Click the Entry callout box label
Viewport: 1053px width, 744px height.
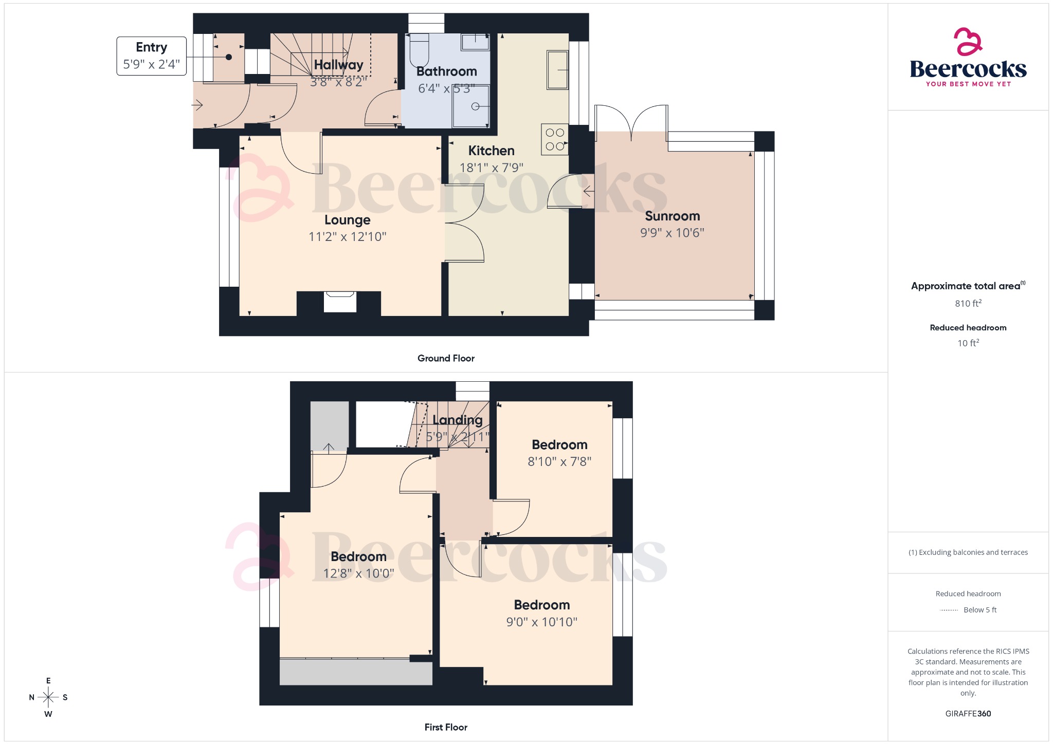[151, 56]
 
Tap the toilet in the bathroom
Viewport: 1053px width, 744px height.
[420, 49]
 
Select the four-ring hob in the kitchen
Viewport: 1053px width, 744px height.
[554, 139]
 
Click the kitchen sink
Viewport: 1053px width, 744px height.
[557, 70]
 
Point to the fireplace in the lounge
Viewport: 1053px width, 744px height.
[339, 302]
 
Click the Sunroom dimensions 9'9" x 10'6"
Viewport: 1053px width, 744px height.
[672, 233]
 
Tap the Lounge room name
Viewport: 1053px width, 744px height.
[347, 220]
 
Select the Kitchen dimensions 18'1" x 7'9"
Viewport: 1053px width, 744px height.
[491, 168]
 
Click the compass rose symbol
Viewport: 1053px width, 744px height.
[48, 697]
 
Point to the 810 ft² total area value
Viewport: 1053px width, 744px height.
[968, 303]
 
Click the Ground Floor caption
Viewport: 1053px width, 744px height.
[446, 358]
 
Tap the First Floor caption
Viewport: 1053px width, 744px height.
[446, 727]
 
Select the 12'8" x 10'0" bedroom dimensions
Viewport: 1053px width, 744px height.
[358, 573]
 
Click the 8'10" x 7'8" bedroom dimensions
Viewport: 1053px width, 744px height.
[559, 461]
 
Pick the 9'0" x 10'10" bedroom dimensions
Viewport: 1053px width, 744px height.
[541, 622]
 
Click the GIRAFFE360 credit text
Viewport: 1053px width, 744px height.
[968, 713]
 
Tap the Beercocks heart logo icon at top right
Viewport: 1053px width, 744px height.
[968, 42]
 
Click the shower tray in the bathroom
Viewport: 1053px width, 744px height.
[471, 106]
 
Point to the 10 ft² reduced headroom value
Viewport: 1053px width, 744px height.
[968, 343]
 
